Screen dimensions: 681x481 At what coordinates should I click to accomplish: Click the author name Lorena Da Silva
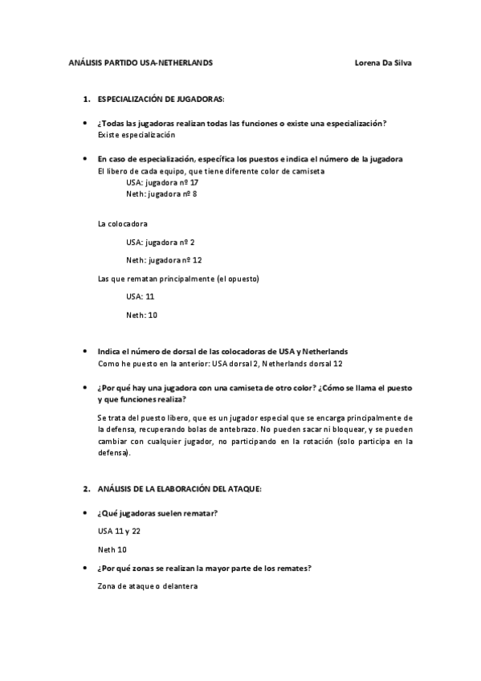[x=382, y=63]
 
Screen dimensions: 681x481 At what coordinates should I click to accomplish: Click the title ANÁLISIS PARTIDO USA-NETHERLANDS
[x=141, y=63]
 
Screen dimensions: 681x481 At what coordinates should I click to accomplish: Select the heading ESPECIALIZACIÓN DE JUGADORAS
[x=161, y=99]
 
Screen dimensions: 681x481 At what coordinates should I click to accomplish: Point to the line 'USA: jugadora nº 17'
[x=161, y=182]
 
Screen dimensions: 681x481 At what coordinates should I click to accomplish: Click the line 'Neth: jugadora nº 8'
[x=161, y=194]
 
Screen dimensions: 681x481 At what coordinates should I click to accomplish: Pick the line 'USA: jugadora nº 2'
[x=160, y=242]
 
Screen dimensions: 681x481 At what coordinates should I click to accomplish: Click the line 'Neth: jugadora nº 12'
[x=163, y=260]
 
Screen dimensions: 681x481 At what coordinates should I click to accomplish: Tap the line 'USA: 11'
[x=141, y=296]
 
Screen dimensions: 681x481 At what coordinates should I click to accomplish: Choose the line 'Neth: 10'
[x=141, y=315]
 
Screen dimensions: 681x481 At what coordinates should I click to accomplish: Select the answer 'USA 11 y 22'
[x=119, y=532]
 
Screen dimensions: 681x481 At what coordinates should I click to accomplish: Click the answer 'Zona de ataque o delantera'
[x=147, y=586]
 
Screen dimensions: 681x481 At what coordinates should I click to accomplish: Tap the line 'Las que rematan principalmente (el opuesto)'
[x=177, y=279]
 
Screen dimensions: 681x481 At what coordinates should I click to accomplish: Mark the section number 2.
[x=86, y=488]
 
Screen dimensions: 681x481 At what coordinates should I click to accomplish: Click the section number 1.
[x=86, y=99]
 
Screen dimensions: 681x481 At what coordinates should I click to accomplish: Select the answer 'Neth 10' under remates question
[x=112, y=550]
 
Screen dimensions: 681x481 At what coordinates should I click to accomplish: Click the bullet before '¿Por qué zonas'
[x=86, y=569]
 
